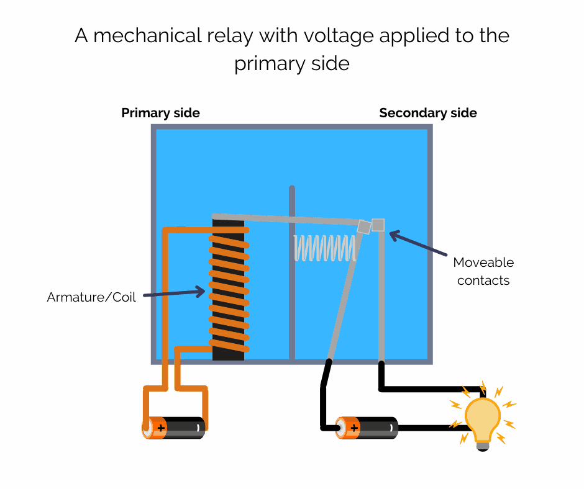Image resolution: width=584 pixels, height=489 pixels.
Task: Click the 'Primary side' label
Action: pyautogui.click(x=160, y=113)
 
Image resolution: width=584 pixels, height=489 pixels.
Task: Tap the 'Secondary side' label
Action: pyautogui.click(x=428, y=113)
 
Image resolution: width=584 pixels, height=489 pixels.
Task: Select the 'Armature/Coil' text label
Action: pyautogui.click(x=91, y=297)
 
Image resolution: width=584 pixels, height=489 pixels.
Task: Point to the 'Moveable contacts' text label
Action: pyautogui.click(x=483, y=271)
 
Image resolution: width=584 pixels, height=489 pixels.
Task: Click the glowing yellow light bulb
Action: pyautogui.click(x=483, y=417)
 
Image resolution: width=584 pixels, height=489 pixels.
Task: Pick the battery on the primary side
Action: pyautogui.click(x=174, y=428)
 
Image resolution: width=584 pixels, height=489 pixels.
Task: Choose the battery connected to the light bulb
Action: pyautogui.click(x=367, y=428)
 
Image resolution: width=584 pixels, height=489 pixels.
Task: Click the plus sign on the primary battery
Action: pyautogui.click(x=161, y=428)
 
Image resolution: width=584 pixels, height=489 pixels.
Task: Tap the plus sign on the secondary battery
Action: pyautogui.click(x=354, y=428)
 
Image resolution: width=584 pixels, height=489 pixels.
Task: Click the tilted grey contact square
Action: pyautogui.click(x=364, y=227)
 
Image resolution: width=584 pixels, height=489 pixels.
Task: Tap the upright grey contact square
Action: pyautogui.click(x=378, y=225)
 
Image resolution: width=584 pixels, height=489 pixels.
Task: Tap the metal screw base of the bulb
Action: pyautogui.click(x=483, y=445)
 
